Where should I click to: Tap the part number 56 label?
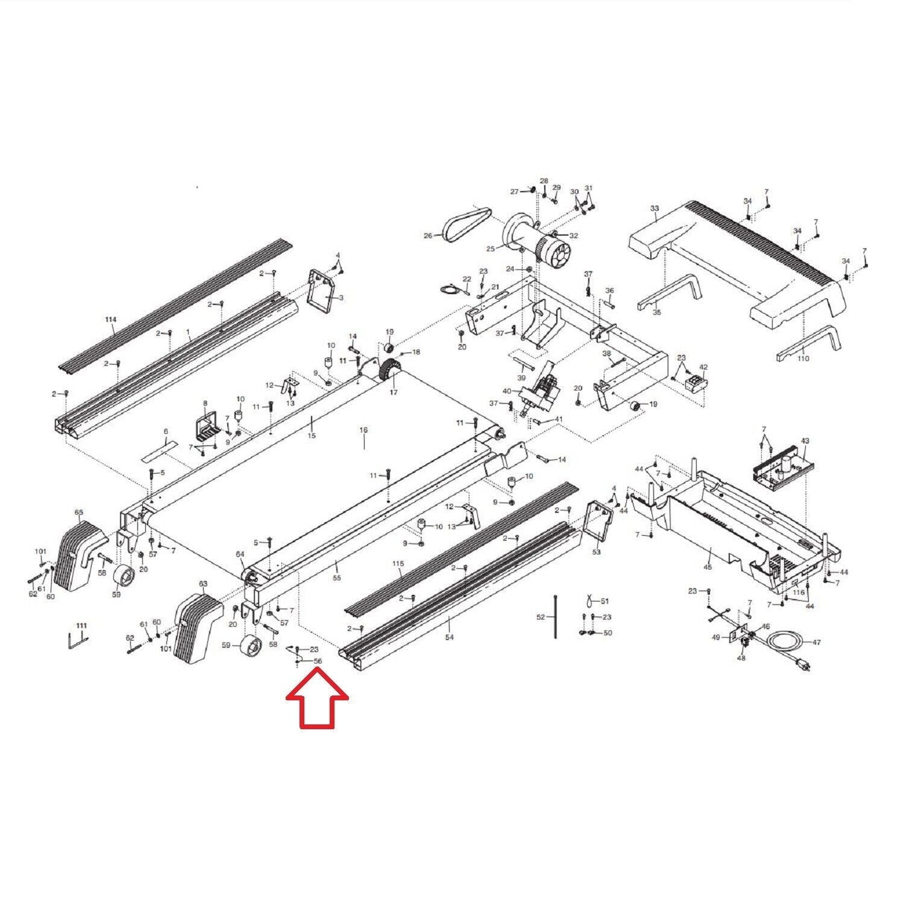[x=318, y=661]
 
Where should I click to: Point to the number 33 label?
[x=654, y=209]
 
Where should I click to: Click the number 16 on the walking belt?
[x=363, y=430]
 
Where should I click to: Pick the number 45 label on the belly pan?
[x=708, y=567]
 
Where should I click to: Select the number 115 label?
[x=398, y=563]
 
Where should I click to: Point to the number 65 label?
[x=79, y=512]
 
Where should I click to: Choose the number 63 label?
[x=202, y=584]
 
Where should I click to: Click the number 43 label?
[x=805, y=441]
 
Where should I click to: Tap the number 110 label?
[x=803, y=359]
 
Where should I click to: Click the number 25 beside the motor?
[x=490, y=248]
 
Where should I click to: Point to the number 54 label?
[x=449, y=637]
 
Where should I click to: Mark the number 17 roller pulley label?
[x=394, y=392]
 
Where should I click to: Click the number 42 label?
[x=703, y=366]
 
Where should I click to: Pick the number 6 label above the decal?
[x=166, y=432]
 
